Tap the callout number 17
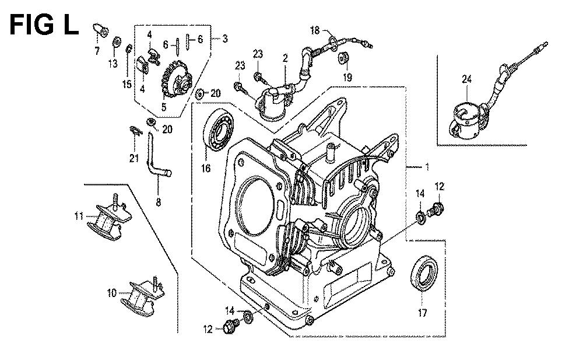422,313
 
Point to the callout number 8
158,202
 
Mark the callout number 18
315,30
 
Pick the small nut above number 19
343,58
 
